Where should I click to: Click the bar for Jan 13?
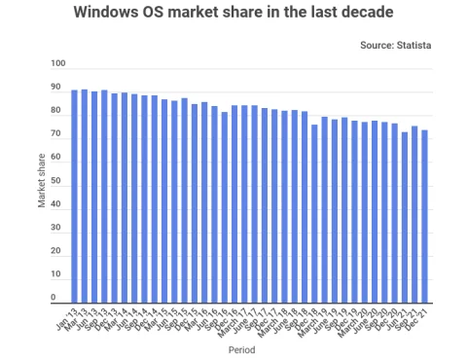pyautogui.click(x=75, y=196)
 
